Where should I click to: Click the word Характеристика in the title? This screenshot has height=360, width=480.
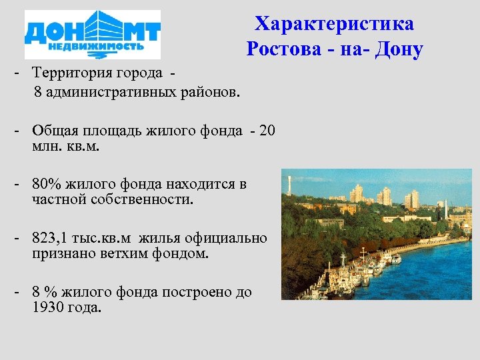coord(334,24)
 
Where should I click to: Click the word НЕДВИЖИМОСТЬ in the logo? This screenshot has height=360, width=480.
coord(92,49)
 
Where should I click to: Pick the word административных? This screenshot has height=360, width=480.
coord(120,91)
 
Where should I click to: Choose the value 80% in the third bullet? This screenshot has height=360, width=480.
coord(44,184)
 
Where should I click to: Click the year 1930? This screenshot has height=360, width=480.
coord(49,307)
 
